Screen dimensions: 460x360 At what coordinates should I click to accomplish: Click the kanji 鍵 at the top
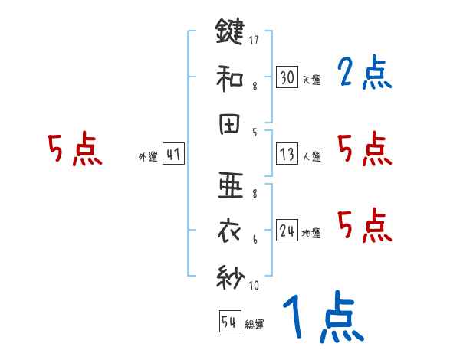[229, 32]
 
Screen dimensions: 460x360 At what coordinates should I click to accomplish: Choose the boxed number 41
[173, 155]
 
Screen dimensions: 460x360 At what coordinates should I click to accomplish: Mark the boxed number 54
[229, 322]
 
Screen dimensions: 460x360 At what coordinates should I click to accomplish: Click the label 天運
[311, 80]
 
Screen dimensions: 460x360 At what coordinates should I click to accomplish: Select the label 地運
[311, 233]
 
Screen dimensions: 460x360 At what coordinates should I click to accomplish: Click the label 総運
[254, 325]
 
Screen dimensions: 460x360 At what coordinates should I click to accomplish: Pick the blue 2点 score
[364, 74]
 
